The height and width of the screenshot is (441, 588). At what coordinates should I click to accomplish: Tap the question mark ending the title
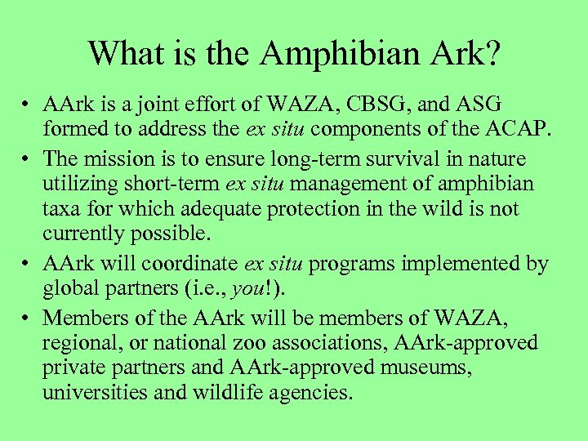point(491,54)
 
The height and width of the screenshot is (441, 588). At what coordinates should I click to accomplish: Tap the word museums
point(420,367)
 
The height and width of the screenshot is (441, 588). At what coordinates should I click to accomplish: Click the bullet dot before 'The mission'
point(28,158)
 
